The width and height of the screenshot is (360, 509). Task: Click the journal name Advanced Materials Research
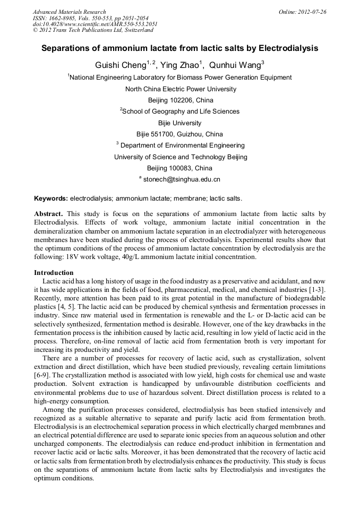pyautogui.click(x=69, y=12)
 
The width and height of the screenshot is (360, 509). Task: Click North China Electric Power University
pyautogui.click(x=181, y=89)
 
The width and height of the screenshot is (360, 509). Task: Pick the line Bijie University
pyautogui.click(x=181, y=123)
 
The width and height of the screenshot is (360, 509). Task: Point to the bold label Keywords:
pyautogui.click(x=51, y=199)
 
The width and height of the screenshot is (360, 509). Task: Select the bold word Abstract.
pyautogui.click(x=48, y=214)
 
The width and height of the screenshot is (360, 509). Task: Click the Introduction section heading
pyautogui.click(x=54, y=273)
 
